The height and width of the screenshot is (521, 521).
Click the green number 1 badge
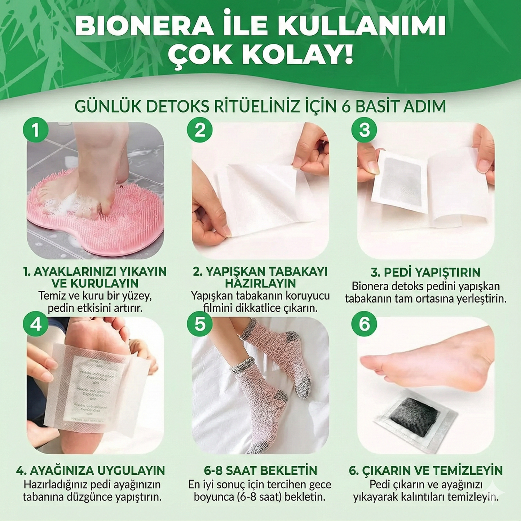(35, 130)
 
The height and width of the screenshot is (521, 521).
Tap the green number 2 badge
(200, 130)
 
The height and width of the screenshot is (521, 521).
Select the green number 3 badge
(364, 130)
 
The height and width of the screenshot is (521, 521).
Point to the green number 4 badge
(35, 324)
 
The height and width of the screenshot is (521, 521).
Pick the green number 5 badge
(200, 324)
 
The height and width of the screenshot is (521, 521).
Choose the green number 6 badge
(364, 324)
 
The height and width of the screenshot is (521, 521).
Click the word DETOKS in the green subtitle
(178, 106)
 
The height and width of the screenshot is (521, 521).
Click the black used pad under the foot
(415, 413)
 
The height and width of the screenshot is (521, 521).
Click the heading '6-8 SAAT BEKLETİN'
(260, 471)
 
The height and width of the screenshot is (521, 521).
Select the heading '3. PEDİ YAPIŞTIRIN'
(425, 272)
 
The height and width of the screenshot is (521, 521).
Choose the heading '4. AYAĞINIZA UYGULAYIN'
(90, 471)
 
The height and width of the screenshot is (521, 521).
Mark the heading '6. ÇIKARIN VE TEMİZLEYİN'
(425, 471)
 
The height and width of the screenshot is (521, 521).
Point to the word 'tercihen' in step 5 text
(270, 485)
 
